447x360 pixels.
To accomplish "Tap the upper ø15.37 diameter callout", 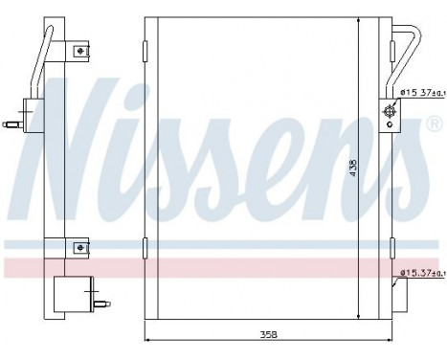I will pos(422,92).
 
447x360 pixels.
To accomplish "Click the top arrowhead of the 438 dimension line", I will pos(361,20).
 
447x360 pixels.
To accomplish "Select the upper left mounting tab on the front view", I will pos(143,49).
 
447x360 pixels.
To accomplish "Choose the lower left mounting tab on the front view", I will pos(143,249).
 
